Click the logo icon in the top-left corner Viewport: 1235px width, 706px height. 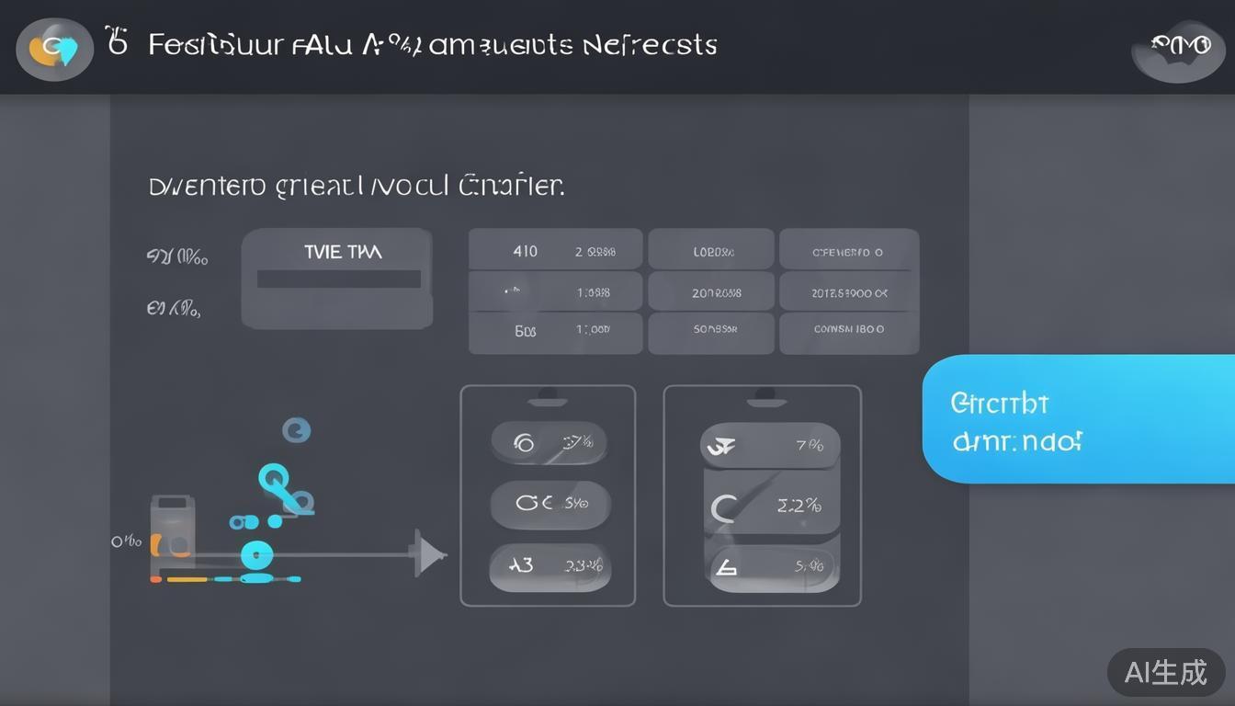[x=54, y=49]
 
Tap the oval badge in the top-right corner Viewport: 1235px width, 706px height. [x=1178, y=51]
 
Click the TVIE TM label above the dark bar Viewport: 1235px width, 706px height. [x=343, y=252]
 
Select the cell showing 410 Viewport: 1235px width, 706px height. [x=525, y=251]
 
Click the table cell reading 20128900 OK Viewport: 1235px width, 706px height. [x=849, y=293]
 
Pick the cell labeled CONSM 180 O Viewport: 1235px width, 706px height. [x=849, y=328]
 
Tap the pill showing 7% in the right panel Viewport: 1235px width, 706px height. [x=770, y=446]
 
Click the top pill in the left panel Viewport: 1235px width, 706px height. [x=549, y=443]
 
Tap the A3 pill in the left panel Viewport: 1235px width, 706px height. [x=549, y=565]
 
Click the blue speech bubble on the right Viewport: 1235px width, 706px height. [x=1075, y=419]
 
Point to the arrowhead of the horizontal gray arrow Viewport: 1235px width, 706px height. [x=429, y=554]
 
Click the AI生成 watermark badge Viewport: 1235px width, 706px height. [x=1165, y=673]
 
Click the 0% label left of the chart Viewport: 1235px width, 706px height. [x=126, y=541]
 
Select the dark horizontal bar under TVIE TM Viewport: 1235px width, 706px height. [x=338, y=279]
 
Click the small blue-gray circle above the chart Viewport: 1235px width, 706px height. [x=296, y=429]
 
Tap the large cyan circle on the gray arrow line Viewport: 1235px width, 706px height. [x=256, y=554]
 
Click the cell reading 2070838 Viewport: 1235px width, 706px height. [x=716, y=293]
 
